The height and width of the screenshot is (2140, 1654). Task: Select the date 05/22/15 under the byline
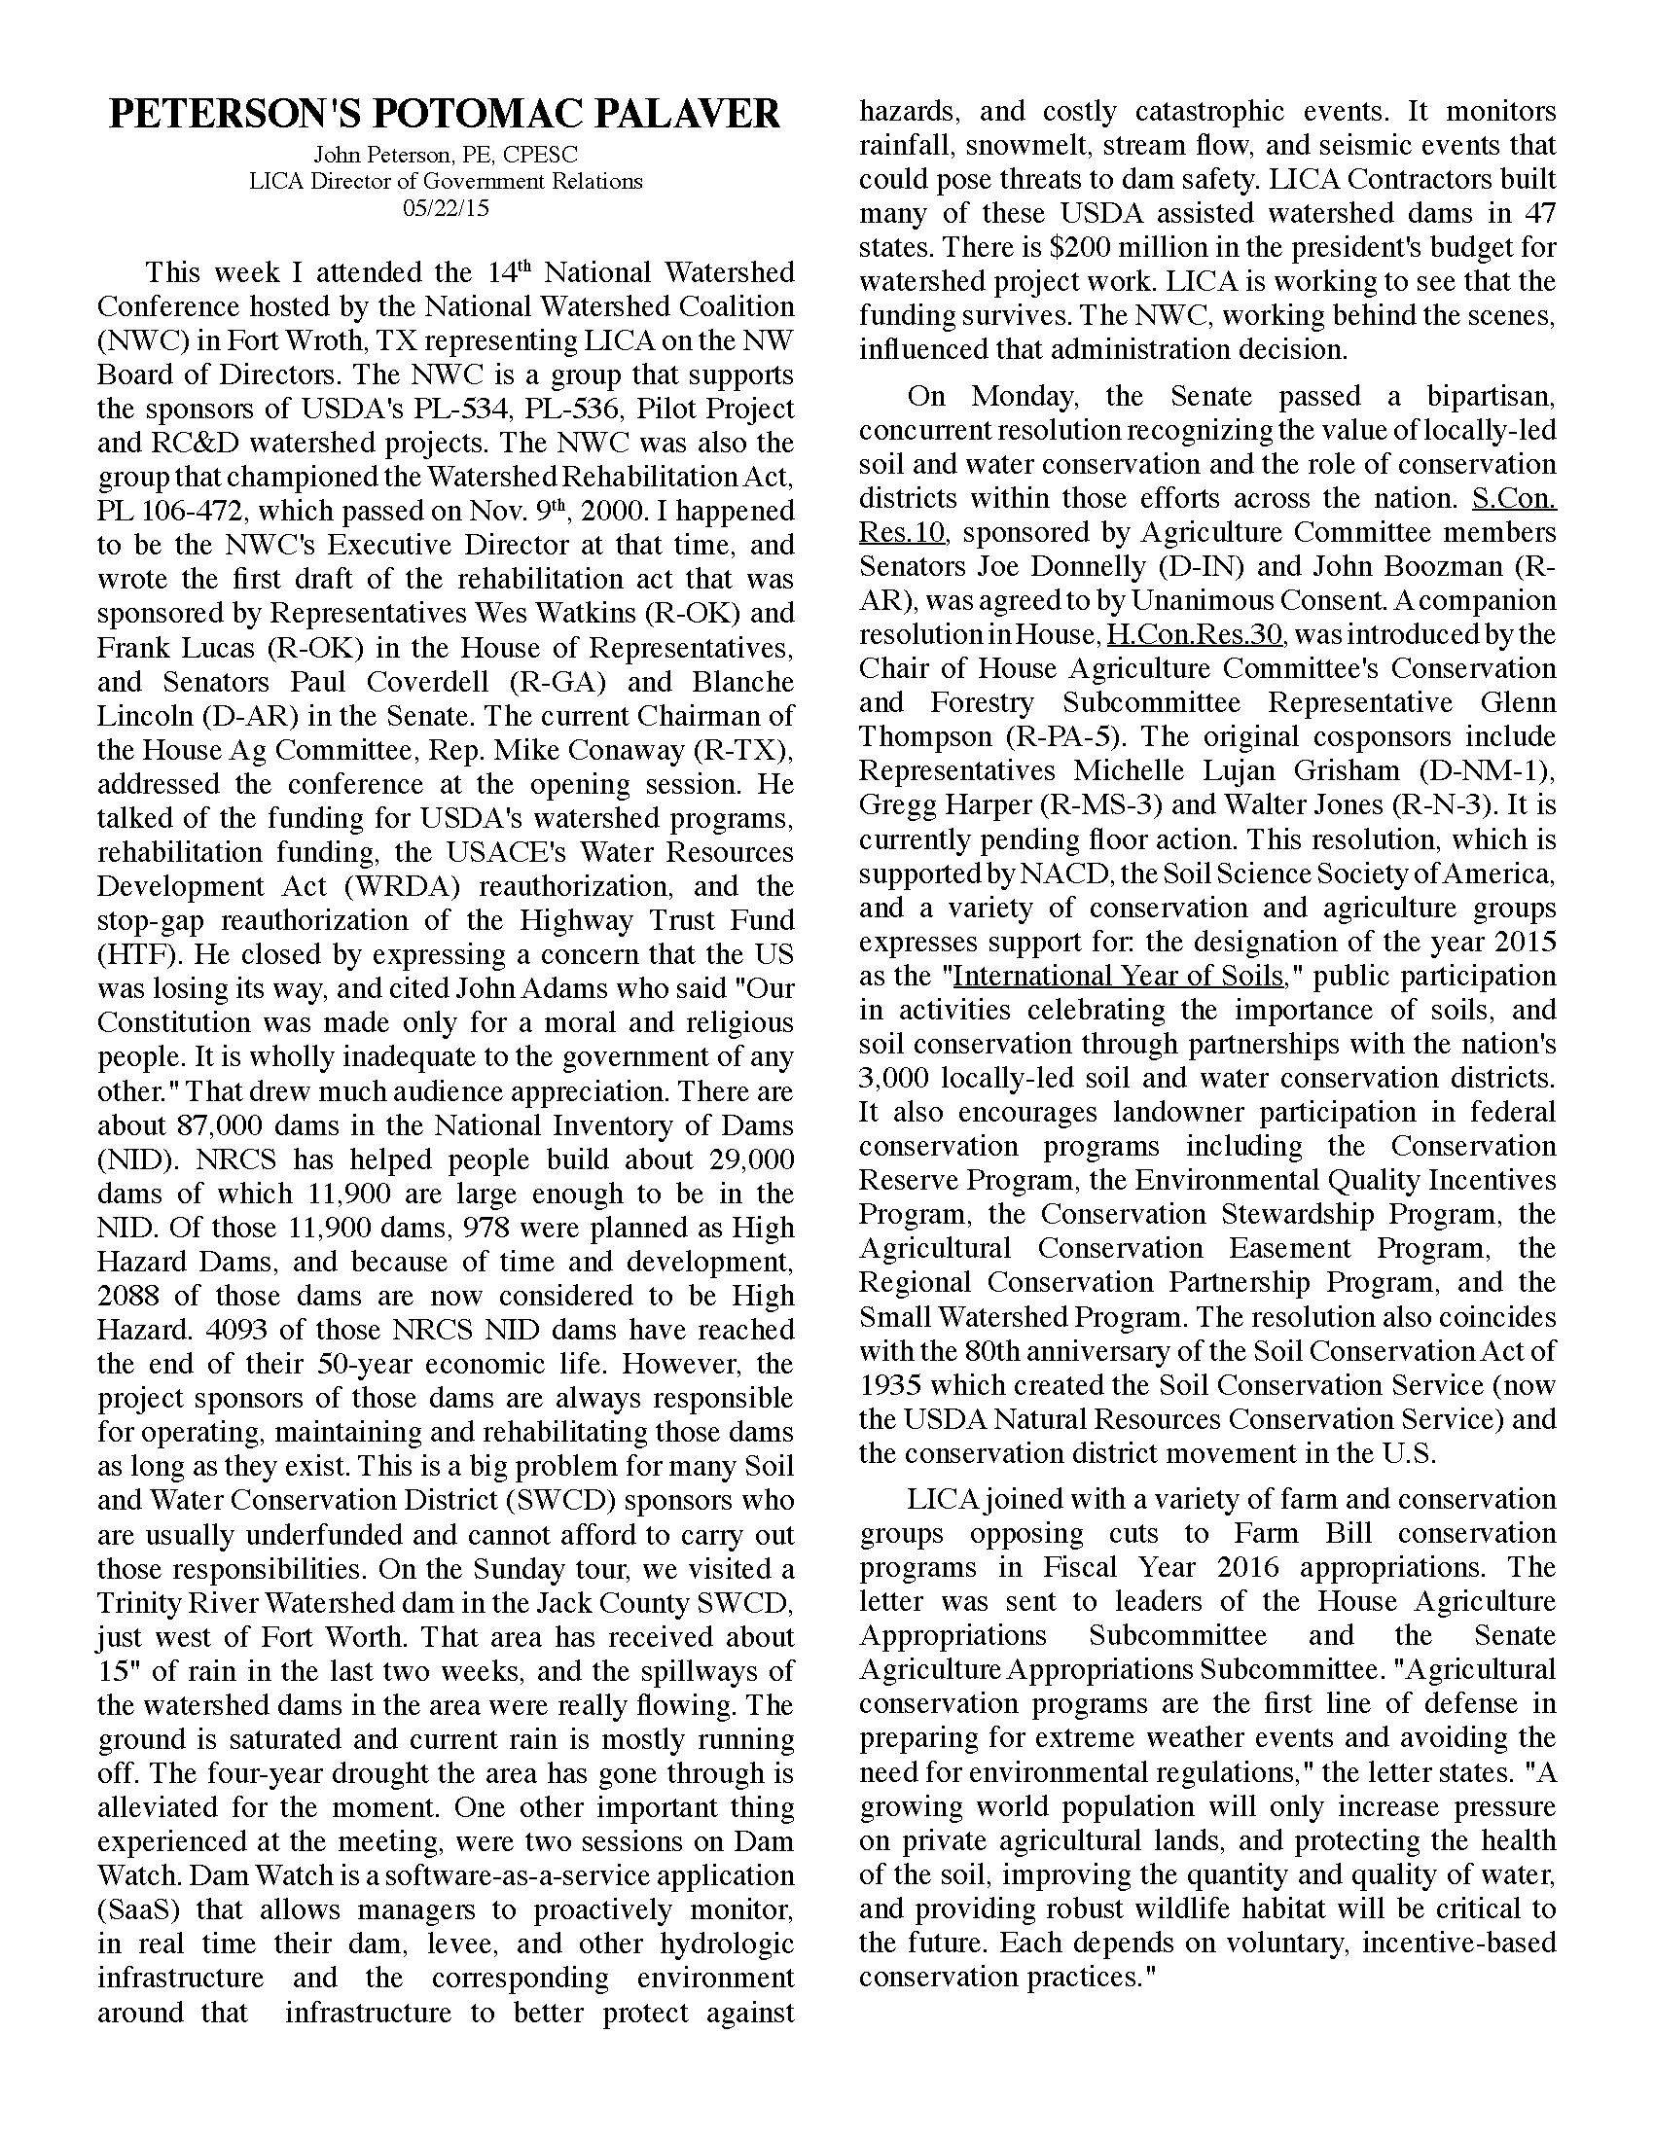445,209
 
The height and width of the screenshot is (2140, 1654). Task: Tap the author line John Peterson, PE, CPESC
445,155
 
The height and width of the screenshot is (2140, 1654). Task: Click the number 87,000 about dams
225,1124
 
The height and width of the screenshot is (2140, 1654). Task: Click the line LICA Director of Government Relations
445,181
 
